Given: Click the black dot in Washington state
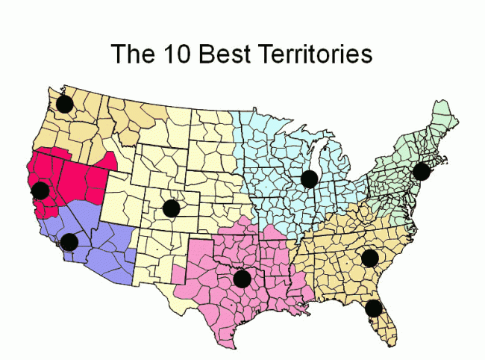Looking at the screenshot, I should [x=65, y=104].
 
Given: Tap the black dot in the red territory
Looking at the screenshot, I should [x=40, y=190].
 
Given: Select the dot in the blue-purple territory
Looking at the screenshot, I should [x=69, y=241].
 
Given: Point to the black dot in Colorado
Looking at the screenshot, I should [x=171, y=208].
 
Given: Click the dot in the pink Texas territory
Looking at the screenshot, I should [x=242, y=279].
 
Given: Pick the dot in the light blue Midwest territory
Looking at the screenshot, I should [x=310, y=179].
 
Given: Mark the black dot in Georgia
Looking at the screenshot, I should [x=370, y=258].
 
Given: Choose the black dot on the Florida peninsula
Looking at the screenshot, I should [x=373, y=308].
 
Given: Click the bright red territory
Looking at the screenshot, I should [x=78, y=179].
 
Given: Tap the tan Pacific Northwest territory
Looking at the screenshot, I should [x=112, y=120].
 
